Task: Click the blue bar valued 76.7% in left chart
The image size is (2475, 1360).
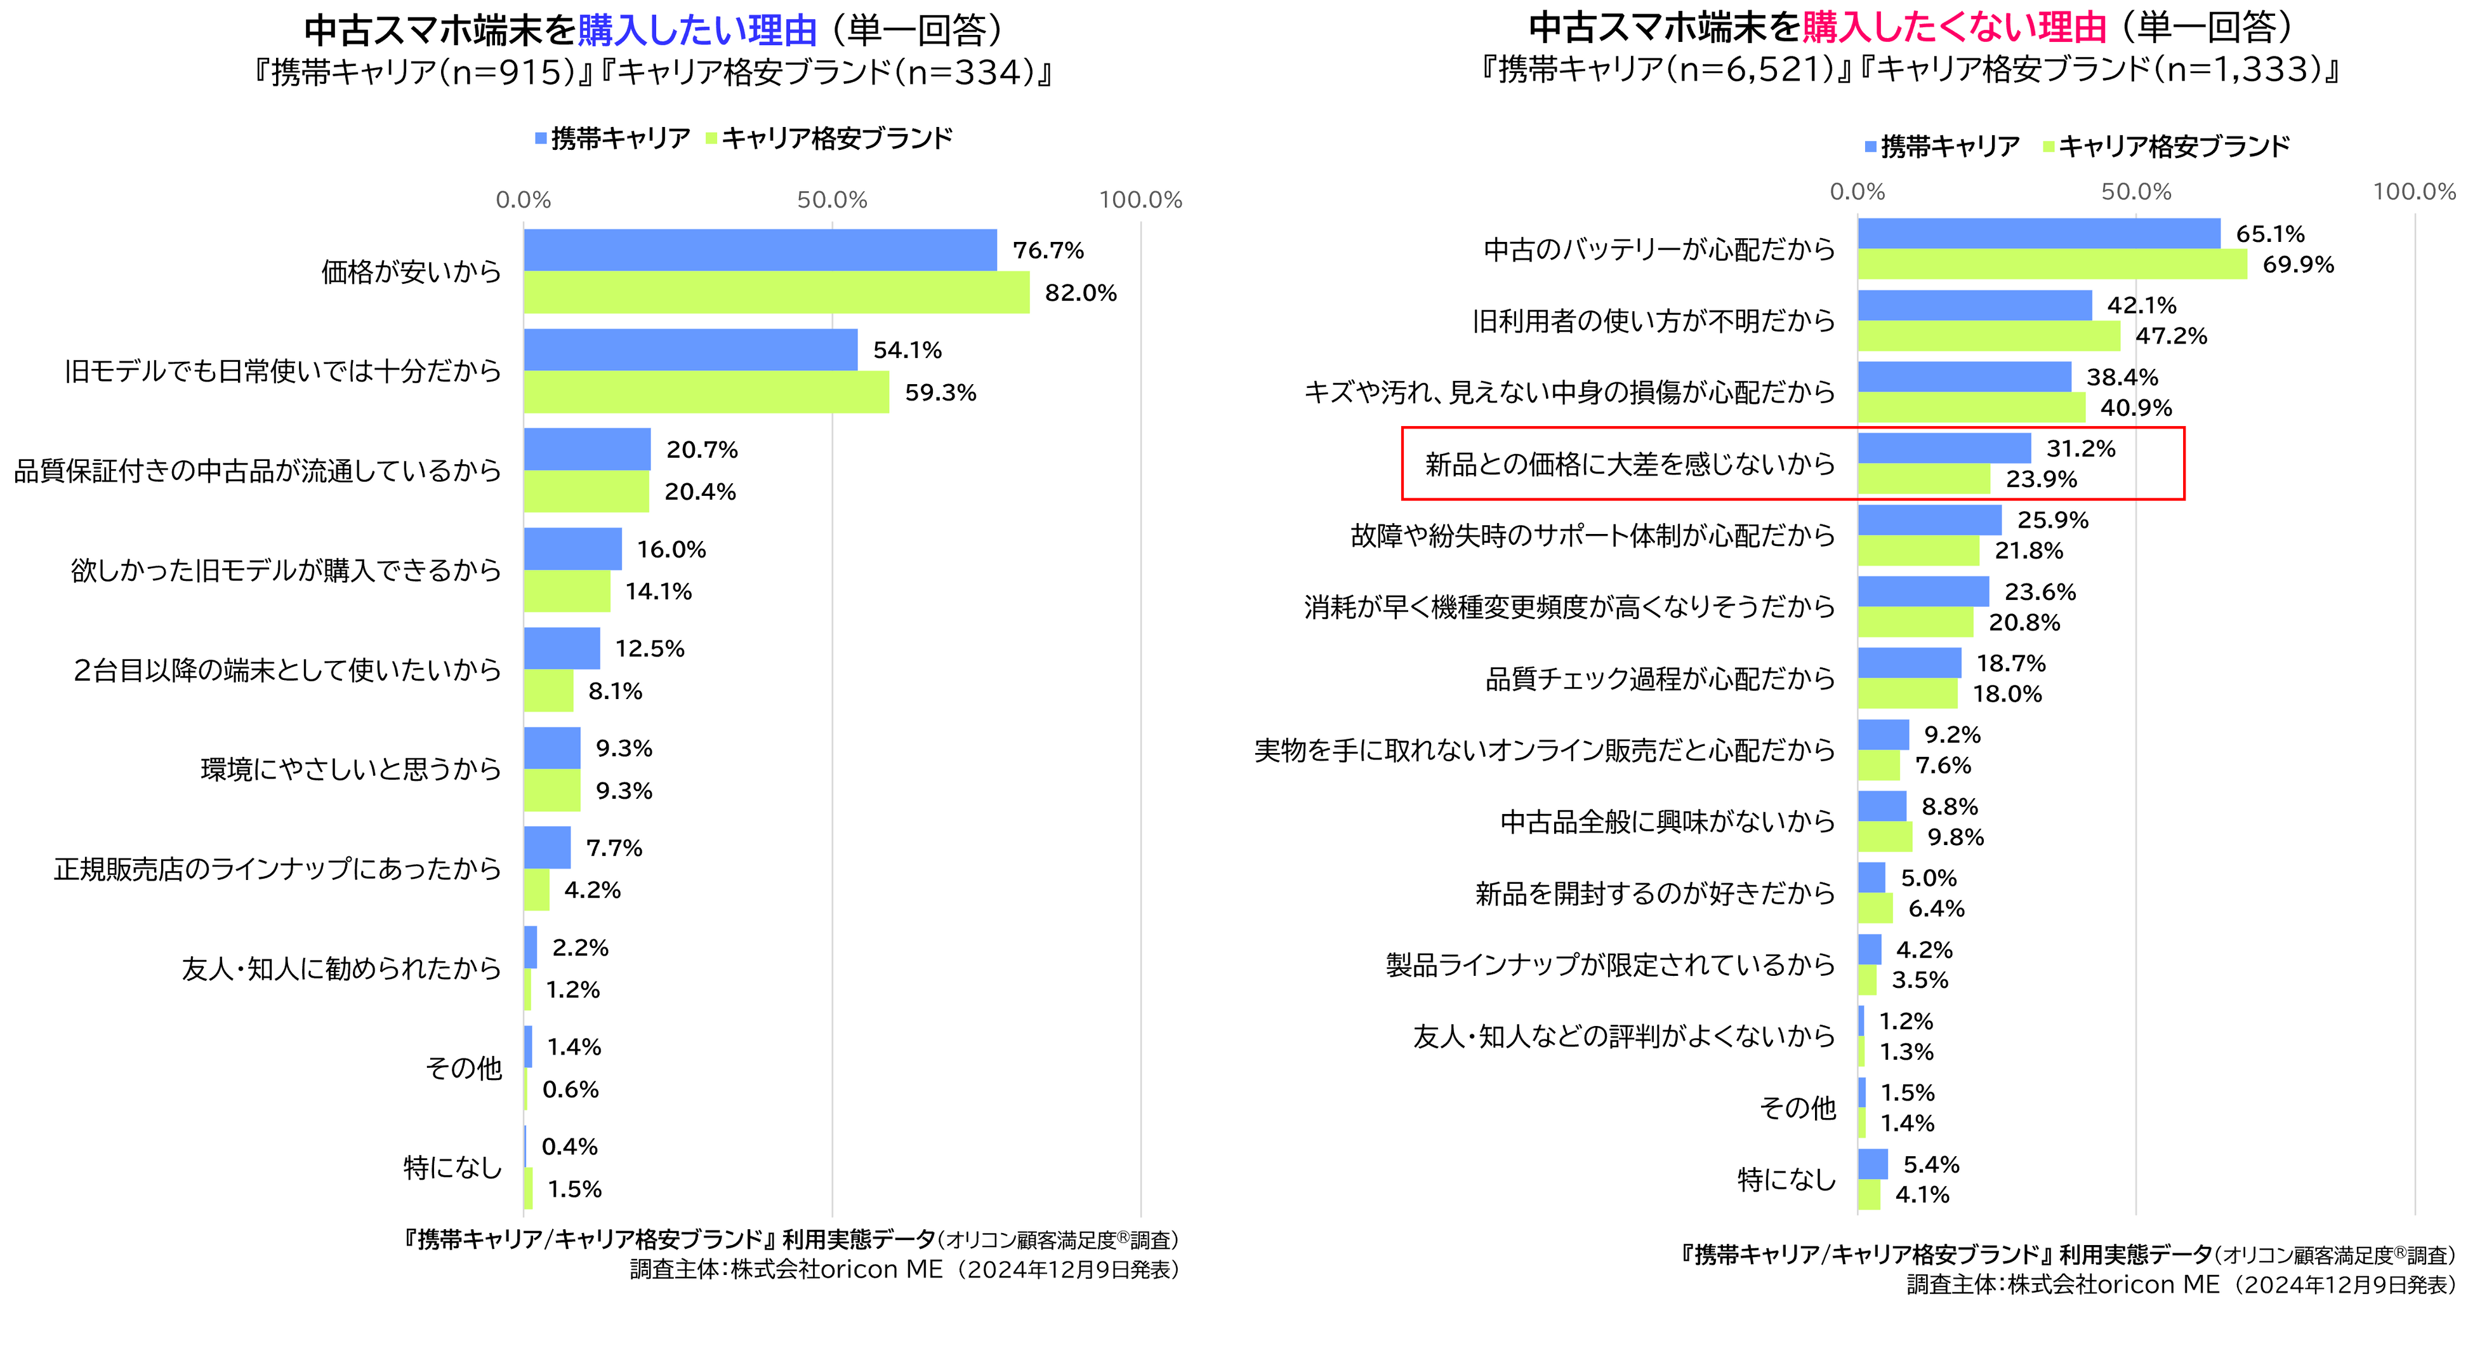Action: (759, 250)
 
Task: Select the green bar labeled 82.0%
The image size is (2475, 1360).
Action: (776, 292)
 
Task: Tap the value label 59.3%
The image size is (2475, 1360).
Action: (940, 393)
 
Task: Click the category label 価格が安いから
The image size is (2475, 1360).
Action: (411, 272)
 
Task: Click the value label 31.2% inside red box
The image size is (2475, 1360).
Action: (2080, 449)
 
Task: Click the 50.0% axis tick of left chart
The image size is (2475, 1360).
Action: (832, 200)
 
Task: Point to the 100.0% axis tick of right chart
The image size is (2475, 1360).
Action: (2413, 191)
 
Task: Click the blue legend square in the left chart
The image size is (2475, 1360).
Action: (541, 138)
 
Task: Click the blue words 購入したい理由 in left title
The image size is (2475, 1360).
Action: (697, 30)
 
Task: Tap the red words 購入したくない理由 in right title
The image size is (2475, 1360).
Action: (1953, 28)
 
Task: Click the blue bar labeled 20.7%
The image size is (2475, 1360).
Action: (587, 449)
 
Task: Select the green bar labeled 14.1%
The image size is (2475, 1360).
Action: (567, 591)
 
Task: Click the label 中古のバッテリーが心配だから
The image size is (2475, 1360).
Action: (1660, 250)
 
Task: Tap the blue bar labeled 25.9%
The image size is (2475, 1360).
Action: (1929, 520)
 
